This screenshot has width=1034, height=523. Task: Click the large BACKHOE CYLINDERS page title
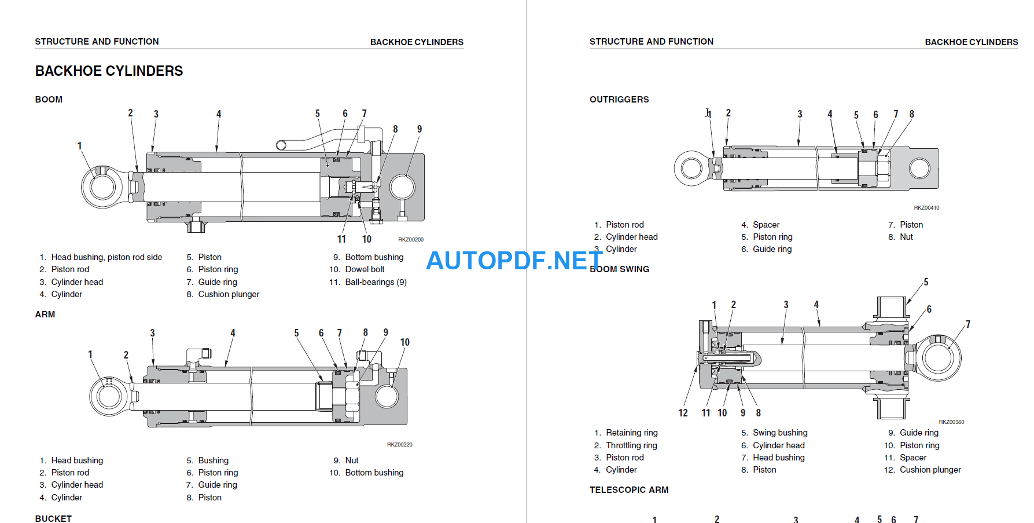click(x=109, y=71)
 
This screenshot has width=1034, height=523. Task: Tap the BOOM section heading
click(x=49, y=100)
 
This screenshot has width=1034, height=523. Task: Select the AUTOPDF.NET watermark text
click(x=514, y=261)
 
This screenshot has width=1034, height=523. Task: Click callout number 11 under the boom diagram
click(x=341, y=239)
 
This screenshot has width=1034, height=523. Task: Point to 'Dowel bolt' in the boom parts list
click(x=365, y=269)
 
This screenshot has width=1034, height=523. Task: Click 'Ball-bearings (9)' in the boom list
click(x=376, y=282)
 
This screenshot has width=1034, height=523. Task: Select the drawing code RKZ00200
click(x=410, y=239)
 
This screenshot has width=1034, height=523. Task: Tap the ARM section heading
click(x=45, y=314)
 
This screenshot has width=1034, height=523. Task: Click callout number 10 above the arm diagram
click(x=404, y=342)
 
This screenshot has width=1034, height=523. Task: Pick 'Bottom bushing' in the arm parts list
click(x=374, y=473)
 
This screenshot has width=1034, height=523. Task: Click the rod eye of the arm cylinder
click(x=109, y=397)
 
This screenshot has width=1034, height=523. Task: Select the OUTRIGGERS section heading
click(x=619, y=100)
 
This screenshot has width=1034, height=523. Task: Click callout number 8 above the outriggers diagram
click(x=911, y=114)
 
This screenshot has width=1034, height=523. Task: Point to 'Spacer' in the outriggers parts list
click(x=766, y=225)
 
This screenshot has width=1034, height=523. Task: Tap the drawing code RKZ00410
click(x=926, y=207)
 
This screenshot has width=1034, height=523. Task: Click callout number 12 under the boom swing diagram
click(x=683, y=413)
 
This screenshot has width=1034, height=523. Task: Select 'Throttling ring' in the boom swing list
click(x=631, y=445)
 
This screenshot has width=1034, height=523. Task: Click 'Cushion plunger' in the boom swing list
click(x=930, y=470)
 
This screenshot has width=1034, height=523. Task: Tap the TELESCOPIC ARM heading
click(x=629, y=490)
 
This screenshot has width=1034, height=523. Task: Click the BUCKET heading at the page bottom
click(x=53, y=518)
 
